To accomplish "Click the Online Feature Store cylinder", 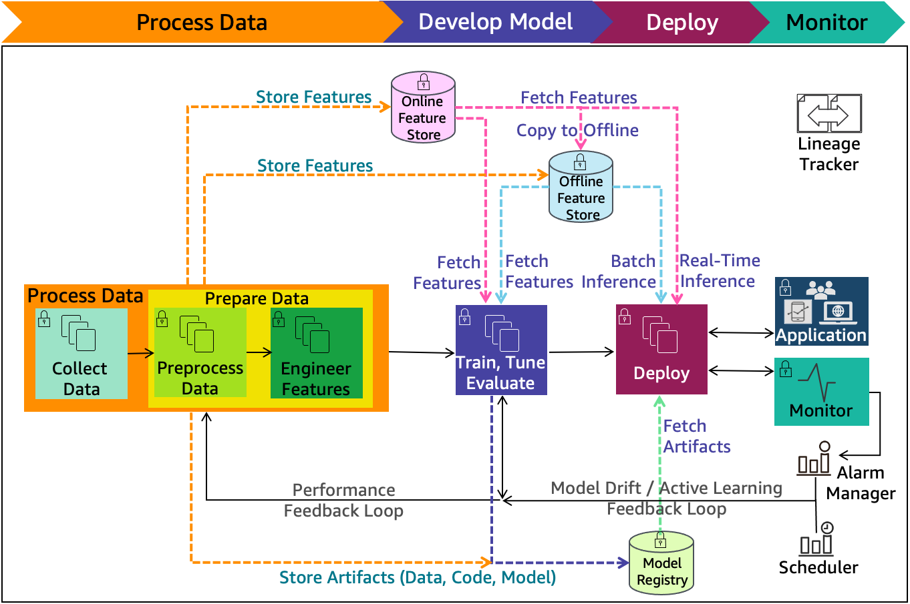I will point(423,108).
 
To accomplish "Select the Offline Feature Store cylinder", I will point(581,188).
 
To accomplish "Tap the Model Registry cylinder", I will point(661,563).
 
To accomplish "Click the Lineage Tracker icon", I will point(828,114).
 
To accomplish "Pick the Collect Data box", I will point(81,353).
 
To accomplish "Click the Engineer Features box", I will point(316,353).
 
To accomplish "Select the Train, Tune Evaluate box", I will point(501,350).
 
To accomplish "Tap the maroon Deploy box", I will point(661,350).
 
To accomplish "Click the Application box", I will point(821,311).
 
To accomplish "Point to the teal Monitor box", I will point(821,392).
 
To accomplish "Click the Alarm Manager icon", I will point(814,461).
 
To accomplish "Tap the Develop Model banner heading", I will point(495,22).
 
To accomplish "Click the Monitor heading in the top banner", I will point(826,23).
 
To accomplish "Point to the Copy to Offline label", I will point(577,130).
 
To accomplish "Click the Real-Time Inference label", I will point(719,271).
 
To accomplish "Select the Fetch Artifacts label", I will point(696,436).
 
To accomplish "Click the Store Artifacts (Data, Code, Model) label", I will point(417,577).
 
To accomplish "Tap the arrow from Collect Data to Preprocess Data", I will point(140,354).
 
